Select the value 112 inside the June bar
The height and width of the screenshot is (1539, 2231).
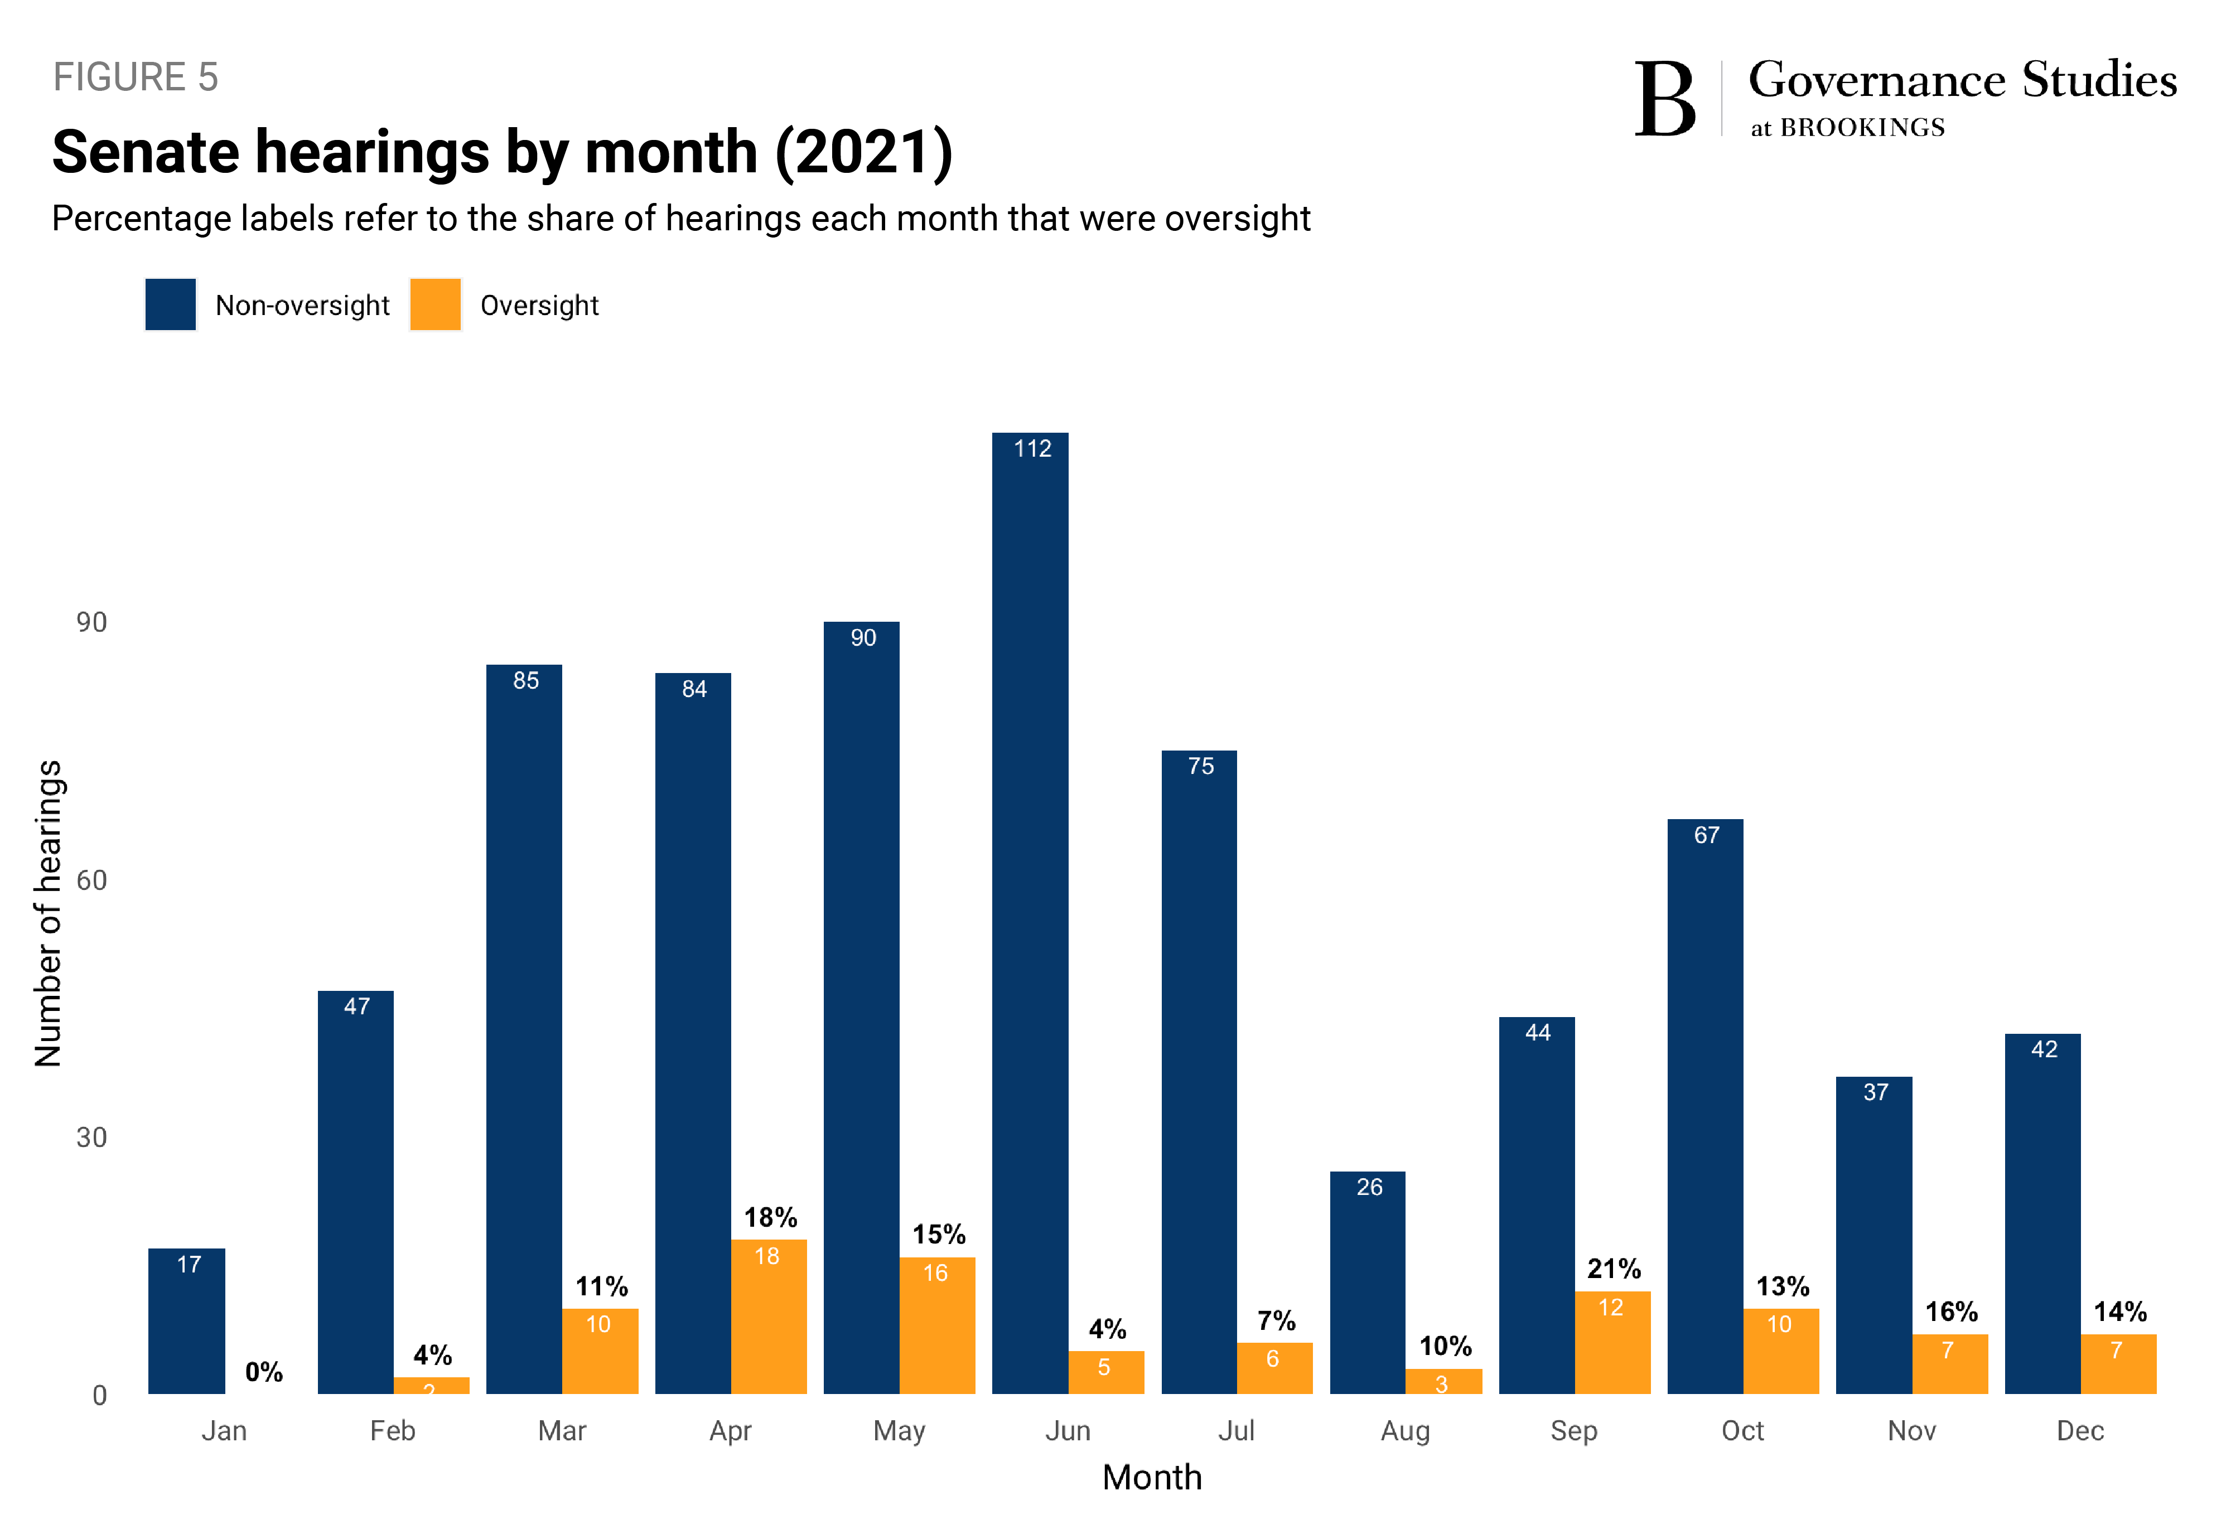(1031, 448)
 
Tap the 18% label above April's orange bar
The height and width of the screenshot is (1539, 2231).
(770, 1217)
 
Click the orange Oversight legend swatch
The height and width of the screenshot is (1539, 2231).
(435, 304)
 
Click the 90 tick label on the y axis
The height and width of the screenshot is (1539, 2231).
(91, 622)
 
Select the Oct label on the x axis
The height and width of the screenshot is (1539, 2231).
(1742, 1430)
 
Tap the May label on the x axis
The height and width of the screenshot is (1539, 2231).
(899, 1430)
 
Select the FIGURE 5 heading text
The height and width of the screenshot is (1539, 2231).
(136, 77)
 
